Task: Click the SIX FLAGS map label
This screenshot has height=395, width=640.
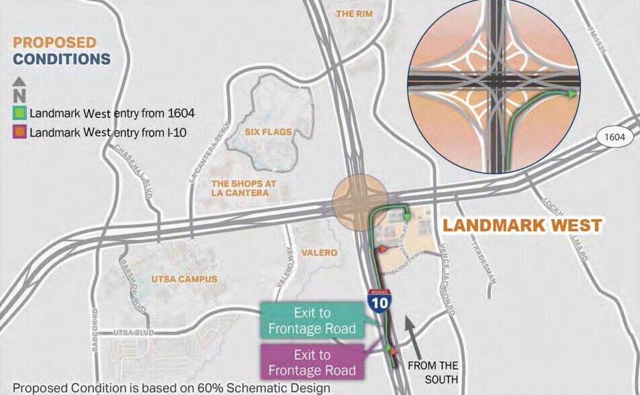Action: (269, 132)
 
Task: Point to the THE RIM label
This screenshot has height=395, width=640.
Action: (354, 13)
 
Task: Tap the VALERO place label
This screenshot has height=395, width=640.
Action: (320, 253)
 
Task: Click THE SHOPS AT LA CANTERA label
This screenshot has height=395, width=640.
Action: (240, 188)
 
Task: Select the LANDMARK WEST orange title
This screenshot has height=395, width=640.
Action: (521, 225)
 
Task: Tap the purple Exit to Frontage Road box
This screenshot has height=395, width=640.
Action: (312, 362)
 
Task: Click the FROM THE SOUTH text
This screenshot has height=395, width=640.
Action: (433, 371)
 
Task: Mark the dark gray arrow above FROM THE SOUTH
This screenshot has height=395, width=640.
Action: (412, 335)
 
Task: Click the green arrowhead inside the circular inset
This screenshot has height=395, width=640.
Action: (572, 94)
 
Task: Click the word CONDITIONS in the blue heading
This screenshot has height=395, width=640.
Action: (62, 59)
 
